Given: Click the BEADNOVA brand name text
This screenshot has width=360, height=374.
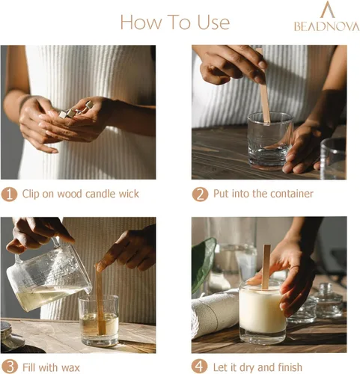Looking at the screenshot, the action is click(327, 26).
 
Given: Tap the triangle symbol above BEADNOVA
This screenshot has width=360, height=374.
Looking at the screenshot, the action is click(327, 10).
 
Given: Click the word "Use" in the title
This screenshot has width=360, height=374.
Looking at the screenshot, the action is click(213, 22).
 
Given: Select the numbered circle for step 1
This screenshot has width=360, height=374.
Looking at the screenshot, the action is click(9, 194).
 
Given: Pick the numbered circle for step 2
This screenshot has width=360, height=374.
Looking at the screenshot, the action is click(200, 194).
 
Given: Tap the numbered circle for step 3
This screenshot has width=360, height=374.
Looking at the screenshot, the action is click(9, 367).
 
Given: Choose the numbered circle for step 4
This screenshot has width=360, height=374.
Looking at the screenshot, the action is click(200, 367).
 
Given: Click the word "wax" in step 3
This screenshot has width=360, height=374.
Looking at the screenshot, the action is click(70, 368).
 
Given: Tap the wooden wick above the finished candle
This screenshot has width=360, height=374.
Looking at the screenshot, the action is click(266, 267).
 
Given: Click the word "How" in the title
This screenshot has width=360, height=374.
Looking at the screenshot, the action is click(141, 22).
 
